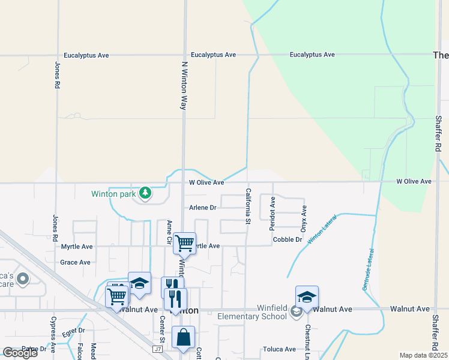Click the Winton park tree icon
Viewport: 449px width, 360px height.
coord(145,193)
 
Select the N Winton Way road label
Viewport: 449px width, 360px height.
coord(184,85)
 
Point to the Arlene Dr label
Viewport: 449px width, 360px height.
coord(202,208)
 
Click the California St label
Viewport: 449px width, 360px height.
coord(247,206)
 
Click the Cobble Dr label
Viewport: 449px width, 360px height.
coord(287,239)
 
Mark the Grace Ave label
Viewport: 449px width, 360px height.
coord(75,262)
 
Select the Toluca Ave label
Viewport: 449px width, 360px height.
coord(279,349)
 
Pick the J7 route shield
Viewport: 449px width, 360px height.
coord(158,349)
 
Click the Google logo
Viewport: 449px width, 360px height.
coord(20,352)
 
